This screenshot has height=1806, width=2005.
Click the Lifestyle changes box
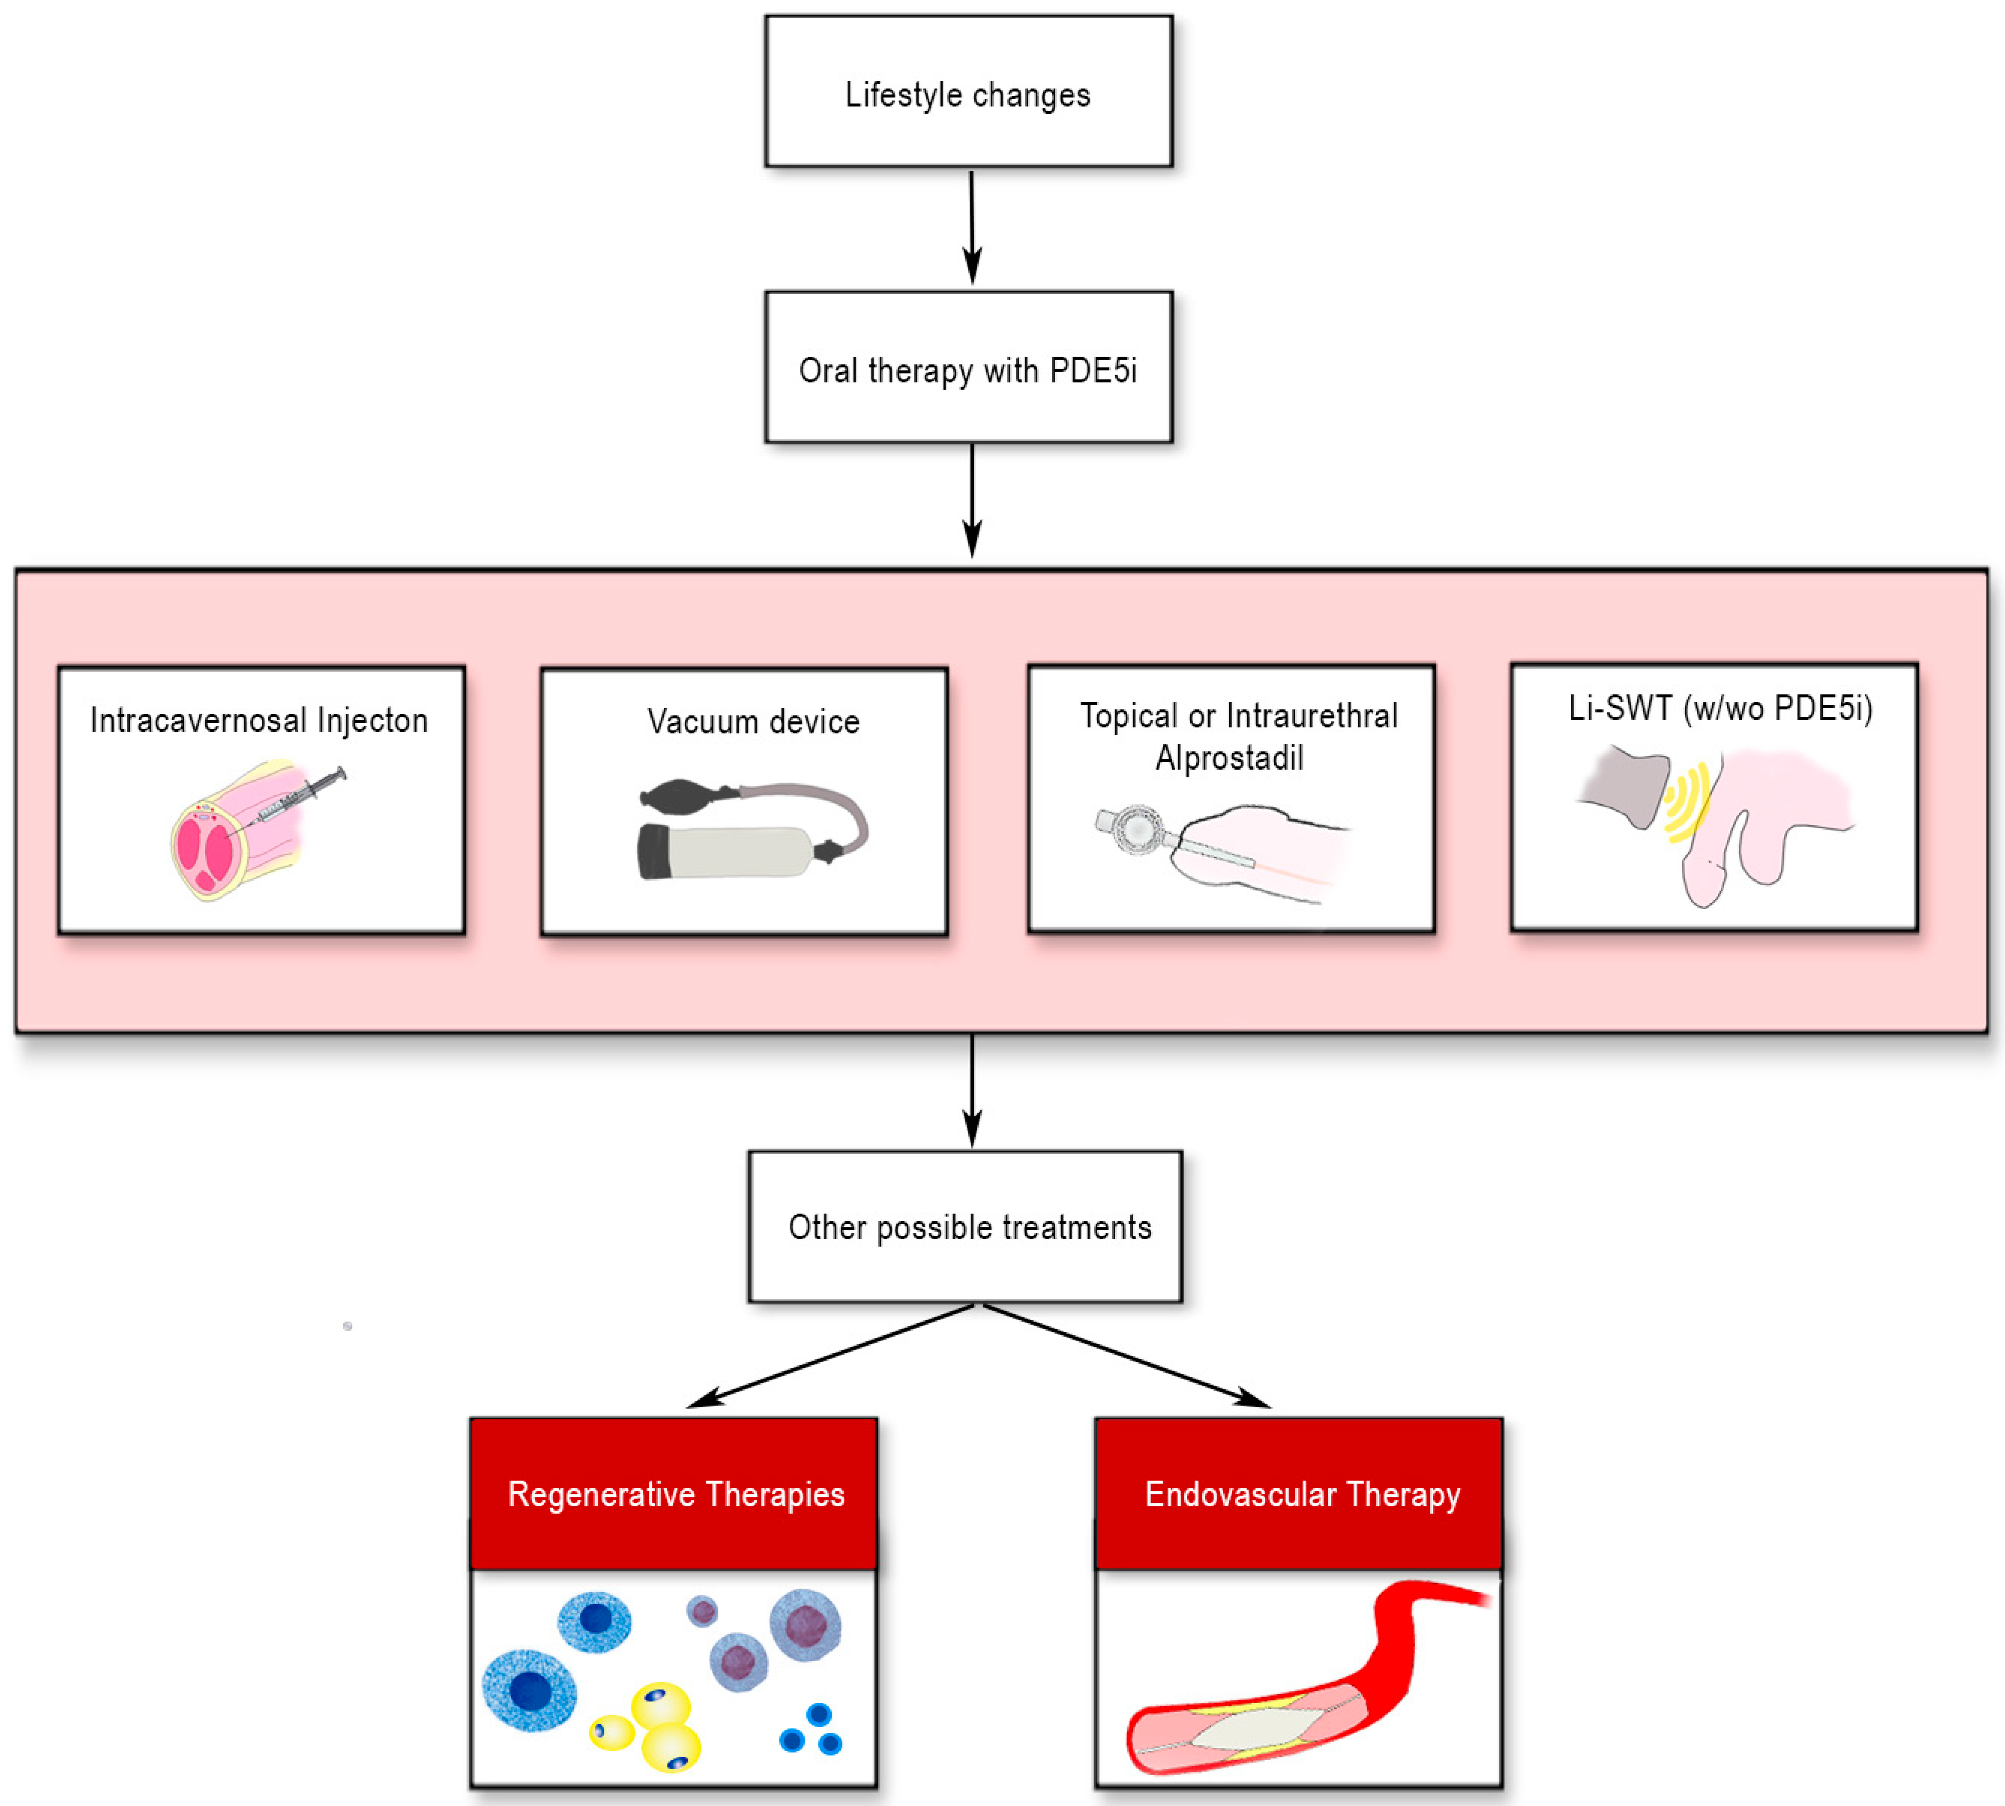pos(968,91)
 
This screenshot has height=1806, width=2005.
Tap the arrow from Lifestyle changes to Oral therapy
pos(972,228)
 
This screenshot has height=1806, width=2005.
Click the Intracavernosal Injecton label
pos(259,721)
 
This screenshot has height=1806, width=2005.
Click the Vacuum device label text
pos(753,721)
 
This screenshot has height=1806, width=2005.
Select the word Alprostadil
pos(1229,758)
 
